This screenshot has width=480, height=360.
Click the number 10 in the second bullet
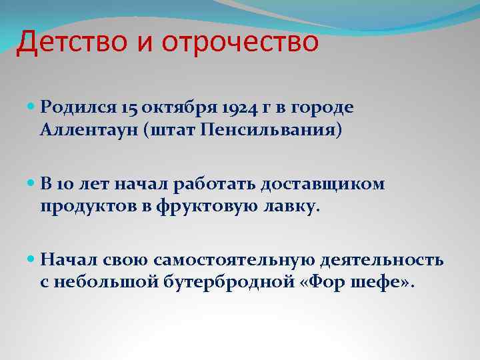(x=66, y=183)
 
